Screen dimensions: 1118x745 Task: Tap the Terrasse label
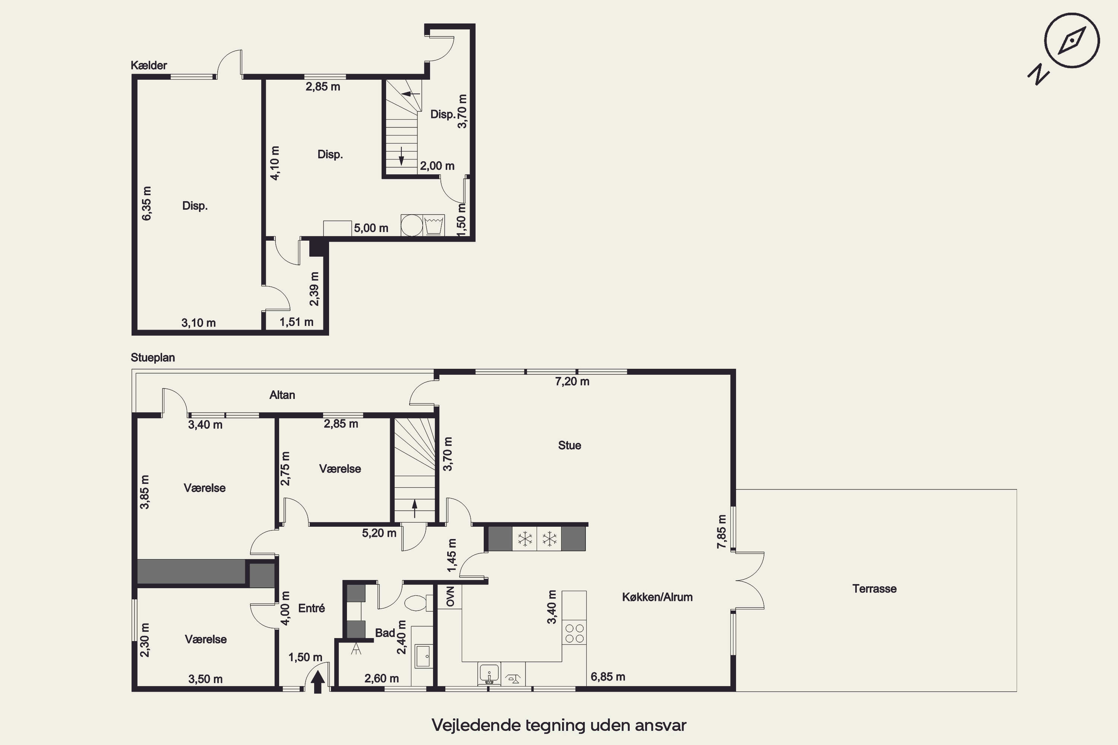(x=874, y=589)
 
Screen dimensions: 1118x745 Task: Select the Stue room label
(x=569, y=445)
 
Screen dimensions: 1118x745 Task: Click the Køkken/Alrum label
(x=657, y=597)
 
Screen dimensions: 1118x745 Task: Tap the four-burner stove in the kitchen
(x=574, y=633)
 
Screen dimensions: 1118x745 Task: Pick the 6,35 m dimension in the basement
(x=147, y=203)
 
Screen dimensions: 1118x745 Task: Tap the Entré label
(x=311, y=608)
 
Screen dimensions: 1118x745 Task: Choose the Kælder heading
(x=149, y=65)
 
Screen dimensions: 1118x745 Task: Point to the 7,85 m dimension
(x=721, y=532)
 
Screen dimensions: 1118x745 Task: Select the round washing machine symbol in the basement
(x=412, y=225)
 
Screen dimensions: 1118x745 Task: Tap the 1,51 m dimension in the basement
(x=296, y=322)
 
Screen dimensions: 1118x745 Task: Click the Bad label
(x=385, y=633)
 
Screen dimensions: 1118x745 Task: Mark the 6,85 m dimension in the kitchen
(x=607, y=676)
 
